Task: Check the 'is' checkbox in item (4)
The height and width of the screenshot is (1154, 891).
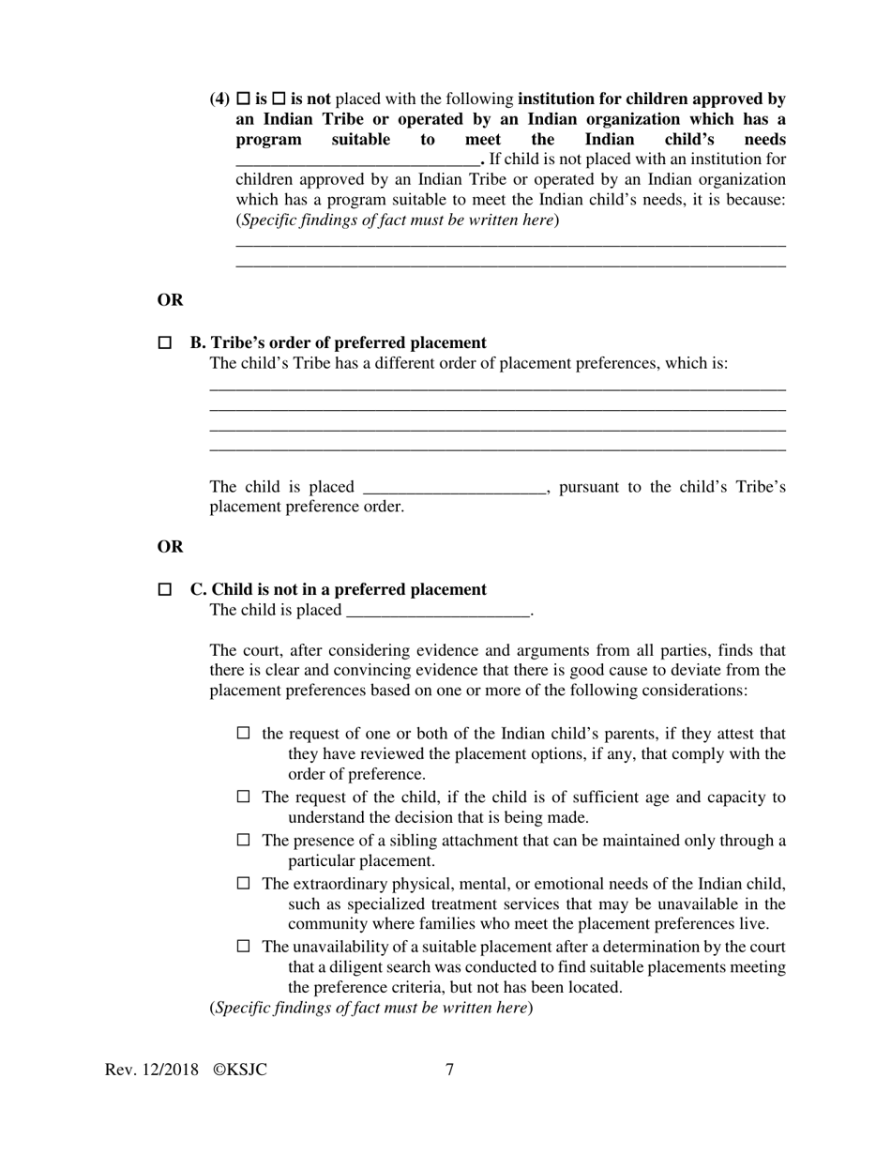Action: click(x=244, y=99)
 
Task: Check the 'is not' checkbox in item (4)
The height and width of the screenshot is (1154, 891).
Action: click(x=279, y=99)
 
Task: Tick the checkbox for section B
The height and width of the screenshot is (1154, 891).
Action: click(x=165, y=343)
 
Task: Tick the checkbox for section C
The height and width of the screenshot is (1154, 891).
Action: click(x=165, y=590)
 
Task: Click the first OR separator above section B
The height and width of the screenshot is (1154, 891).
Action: click(x=170, y=300)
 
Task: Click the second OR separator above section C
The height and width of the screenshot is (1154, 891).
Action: click(x=170, y=547)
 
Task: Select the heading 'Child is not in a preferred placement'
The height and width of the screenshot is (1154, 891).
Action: click(x=348, y=589)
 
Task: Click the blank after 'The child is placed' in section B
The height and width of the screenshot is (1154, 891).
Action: click(x=453, y=487)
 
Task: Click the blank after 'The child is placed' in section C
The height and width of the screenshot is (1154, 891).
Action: click(x=438, y=611)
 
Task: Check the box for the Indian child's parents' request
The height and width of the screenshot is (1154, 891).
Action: click(x=244, y=733)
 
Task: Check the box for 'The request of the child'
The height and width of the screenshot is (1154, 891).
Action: click(x=244, y=797)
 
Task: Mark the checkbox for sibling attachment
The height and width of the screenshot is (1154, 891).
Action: click(x=244, y=840)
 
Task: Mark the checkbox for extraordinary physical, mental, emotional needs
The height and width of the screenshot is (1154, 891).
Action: click(x=244, y=883)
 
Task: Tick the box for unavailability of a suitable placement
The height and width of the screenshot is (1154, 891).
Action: click(x=244, y=947)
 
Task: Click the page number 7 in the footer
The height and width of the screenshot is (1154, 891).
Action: click(x=450, y=1070)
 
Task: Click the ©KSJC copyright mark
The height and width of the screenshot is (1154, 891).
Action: click(x=240, y=1070)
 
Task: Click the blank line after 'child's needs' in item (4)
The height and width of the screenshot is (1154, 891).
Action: click(x=357, y=160)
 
